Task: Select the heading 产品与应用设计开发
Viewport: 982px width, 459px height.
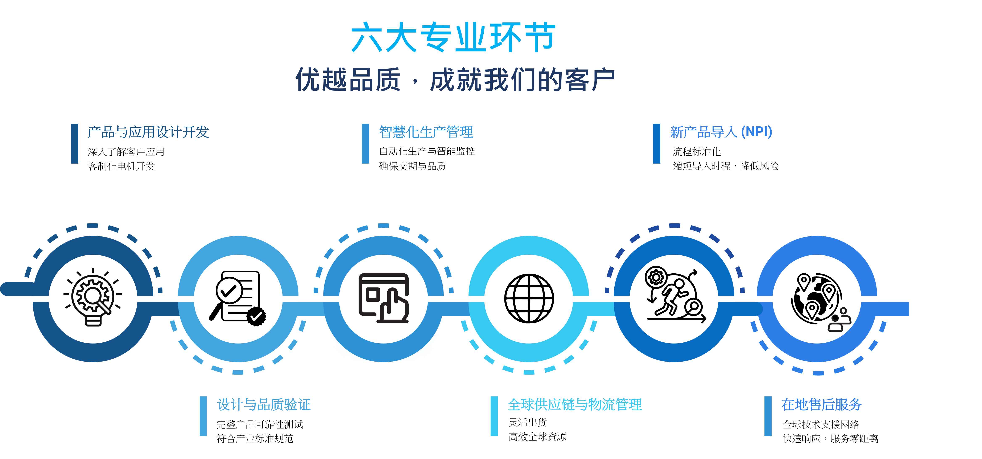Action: coord(148,132)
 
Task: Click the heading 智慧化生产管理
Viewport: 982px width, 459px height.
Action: coord(426,132)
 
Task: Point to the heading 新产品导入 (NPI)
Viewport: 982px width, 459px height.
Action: coord(721,132)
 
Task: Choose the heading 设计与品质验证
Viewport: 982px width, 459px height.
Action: coord(264,405)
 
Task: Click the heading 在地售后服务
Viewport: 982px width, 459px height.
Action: coord(821,405)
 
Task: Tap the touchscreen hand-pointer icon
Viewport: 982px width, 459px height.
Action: coord(384,298)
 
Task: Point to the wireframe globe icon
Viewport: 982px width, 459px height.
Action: coord(529,298)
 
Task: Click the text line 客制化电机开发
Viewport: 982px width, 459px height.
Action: coord(121,166)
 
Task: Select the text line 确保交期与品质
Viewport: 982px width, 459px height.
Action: coord(412,166)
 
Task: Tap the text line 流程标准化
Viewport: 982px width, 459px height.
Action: coord(697,152)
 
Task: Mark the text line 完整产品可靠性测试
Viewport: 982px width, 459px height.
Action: coord(260,424)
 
